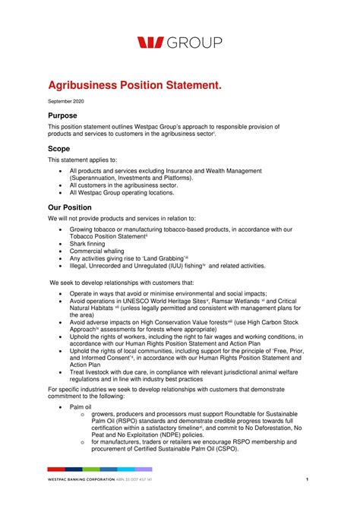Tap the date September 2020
pos(66,102)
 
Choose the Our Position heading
pos(70,207)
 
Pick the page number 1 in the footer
pos(307,479)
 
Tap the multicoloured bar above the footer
pos(99,469)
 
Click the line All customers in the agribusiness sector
pos(124,184)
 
